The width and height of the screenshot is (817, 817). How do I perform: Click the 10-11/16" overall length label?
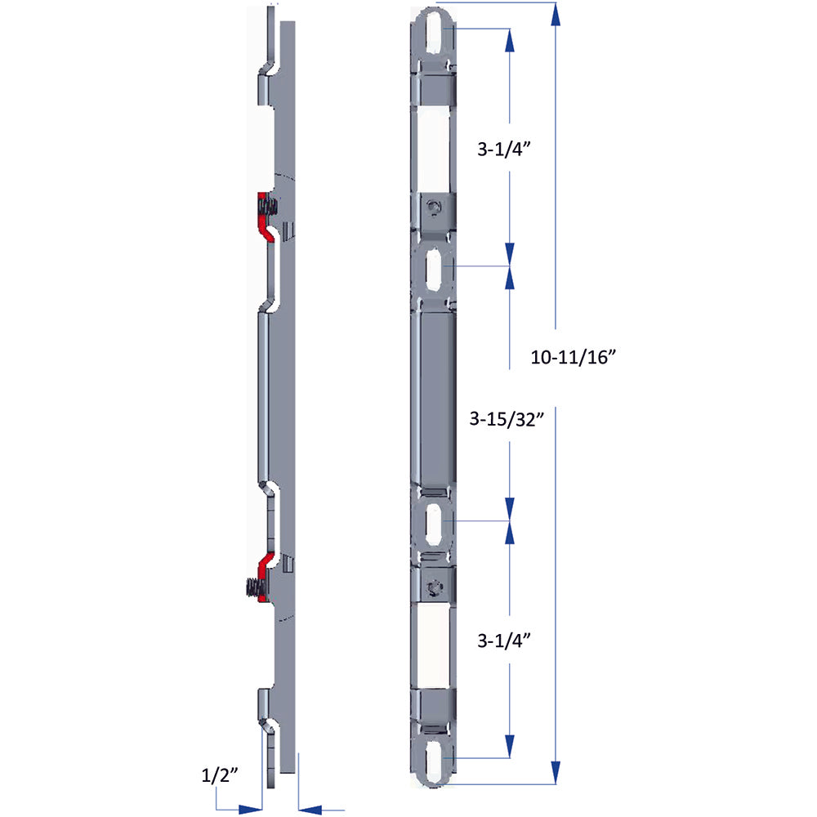(x=574, y=358)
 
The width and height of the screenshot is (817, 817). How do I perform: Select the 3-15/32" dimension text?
(x=507, y=419)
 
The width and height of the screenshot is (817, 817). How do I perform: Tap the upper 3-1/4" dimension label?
(x=504, y=150)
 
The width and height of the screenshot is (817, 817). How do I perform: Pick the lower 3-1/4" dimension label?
(x=504, y=641)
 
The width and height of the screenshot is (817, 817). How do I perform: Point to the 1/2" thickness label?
(x=220, y=775)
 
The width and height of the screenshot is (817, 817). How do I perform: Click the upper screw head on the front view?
(x=434, y=208)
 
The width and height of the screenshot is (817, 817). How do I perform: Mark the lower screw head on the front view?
(x=434, y=589)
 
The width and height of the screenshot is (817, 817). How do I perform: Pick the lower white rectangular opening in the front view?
(x=434, y=646)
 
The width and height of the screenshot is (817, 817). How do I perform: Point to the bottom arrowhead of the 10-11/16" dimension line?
(x=556, y=772)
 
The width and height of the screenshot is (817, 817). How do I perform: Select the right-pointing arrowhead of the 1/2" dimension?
(x=250, y=810)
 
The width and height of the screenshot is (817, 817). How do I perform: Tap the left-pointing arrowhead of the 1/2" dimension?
(x=310, y=810)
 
